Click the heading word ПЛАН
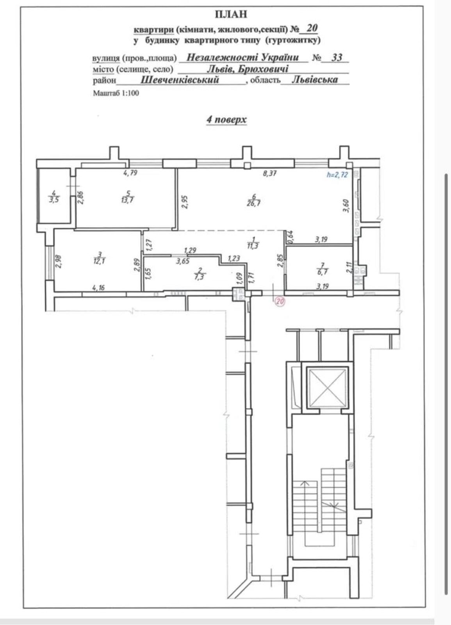231,14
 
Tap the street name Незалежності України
242,57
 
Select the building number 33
337,57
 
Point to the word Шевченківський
179,80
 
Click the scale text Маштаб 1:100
116,93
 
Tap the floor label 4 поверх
226,120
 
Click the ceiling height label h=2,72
337,175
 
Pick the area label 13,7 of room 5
128,200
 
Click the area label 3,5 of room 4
54,200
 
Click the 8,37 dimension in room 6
270,173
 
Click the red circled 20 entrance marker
280,301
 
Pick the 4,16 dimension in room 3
98,287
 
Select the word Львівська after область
315,80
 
